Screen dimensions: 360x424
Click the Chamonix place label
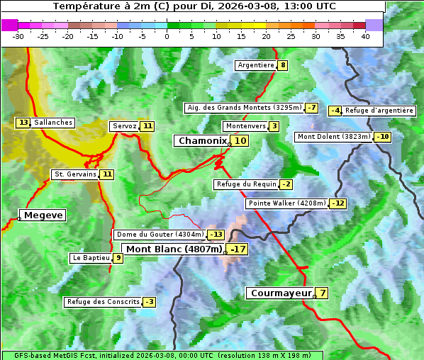pyautogui.click(x=202, y=141)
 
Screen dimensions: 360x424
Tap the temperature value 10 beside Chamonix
pyautogui.click(x=241, y=141)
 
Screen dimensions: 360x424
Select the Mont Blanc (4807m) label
pyautogui.click(x=174, y=249)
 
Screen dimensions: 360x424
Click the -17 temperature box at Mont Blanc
pyautogui.click(x=238, y=249)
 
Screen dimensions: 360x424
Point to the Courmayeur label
pyautogui.click(x=281, y=293)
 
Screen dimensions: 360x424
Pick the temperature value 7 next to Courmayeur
pyautogui.click(x=323, y=293)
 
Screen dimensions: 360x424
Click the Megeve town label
pyautogui.click(x=43, y=215)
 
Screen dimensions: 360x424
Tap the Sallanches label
pyautogui.click(x=53, y=123)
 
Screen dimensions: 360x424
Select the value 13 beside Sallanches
pyautogui.click(x=23, y=123)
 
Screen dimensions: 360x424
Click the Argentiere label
pyautogui.click(x=256, y=65)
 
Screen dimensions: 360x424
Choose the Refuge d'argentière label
pyautogui.click(x=379, y=111)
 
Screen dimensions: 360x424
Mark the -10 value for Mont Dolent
pyautogui.click(x=383, y=137)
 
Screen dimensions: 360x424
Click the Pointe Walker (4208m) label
pyautogui.click(x=287, y=203)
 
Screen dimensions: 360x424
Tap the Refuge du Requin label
pyautogui.click(x=246, y=184)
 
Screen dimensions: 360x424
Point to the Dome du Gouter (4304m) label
pyautogui.click(x=160, y=235)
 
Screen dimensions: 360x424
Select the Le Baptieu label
pyautogui.click(x=91, y=258)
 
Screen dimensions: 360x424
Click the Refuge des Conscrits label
pyautogui.click(x=103, y=302)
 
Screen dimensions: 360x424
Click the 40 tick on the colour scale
pyautogui.click(x=365, y=35)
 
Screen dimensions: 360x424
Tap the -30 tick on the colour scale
pyautogui.click(x=18, y=35)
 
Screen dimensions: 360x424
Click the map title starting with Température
pyautogui.click(x=195, y=6)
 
